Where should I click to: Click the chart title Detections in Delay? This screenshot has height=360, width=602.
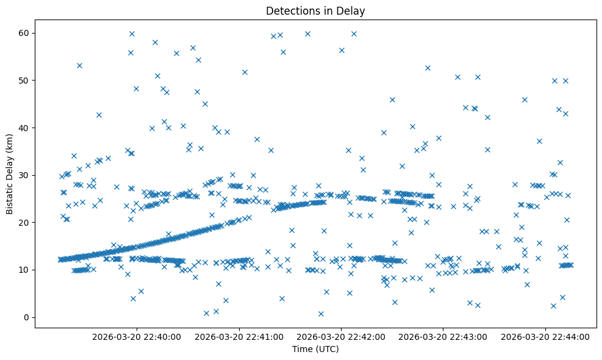(x=315, y=10)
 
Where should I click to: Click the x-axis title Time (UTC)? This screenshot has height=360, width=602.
(x=315, y=350)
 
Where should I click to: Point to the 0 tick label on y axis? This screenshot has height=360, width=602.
(x=26, y=317)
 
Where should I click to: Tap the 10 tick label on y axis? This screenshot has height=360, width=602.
(x=24, y=270)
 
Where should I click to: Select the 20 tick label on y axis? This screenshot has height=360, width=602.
(x=24, y=223)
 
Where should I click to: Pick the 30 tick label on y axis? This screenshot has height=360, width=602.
(x=24, y=175)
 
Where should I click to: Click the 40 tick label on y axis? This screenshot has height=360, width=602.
(x=24, y=128)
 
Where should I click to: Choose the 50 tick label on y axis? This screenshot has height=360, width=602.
(x=24, y=81)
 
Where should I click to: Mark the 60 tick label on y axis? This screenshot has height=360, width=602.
(x=24, y=33)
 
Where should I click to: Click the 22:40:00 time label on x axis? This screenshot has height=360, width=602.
(x=137, y=336)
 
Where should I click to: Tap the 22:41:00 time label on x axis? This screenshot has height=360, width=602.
(x=238, y=336)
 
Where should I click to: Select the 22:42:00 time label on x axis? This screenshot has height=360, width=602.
(x=341, y=336)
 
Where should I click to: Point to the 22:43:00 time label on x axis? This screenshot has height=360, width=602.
(x=443, y=336)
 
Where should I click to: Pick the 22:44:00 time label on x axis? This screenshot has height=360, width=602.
(x=545, y=336)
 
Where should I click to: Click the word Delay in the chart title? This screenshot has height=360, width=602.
(x=353, y=10)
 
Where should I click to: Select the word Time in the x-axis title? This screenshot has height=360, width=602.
(x=302, y=350)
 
